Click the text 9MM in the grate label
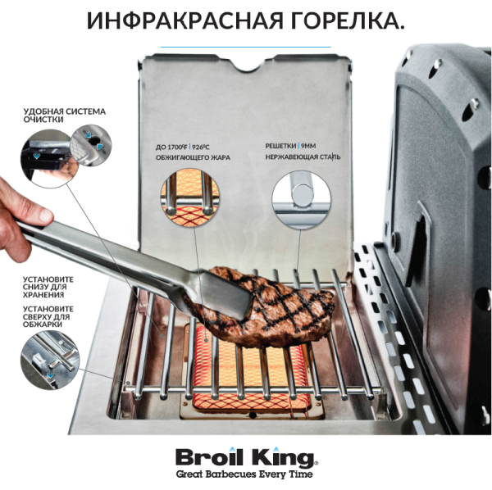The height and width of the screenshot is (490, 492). click(312, 144)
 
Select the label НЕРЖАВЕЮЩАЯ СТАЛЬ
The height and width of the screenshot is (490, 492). click(303, 157)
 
